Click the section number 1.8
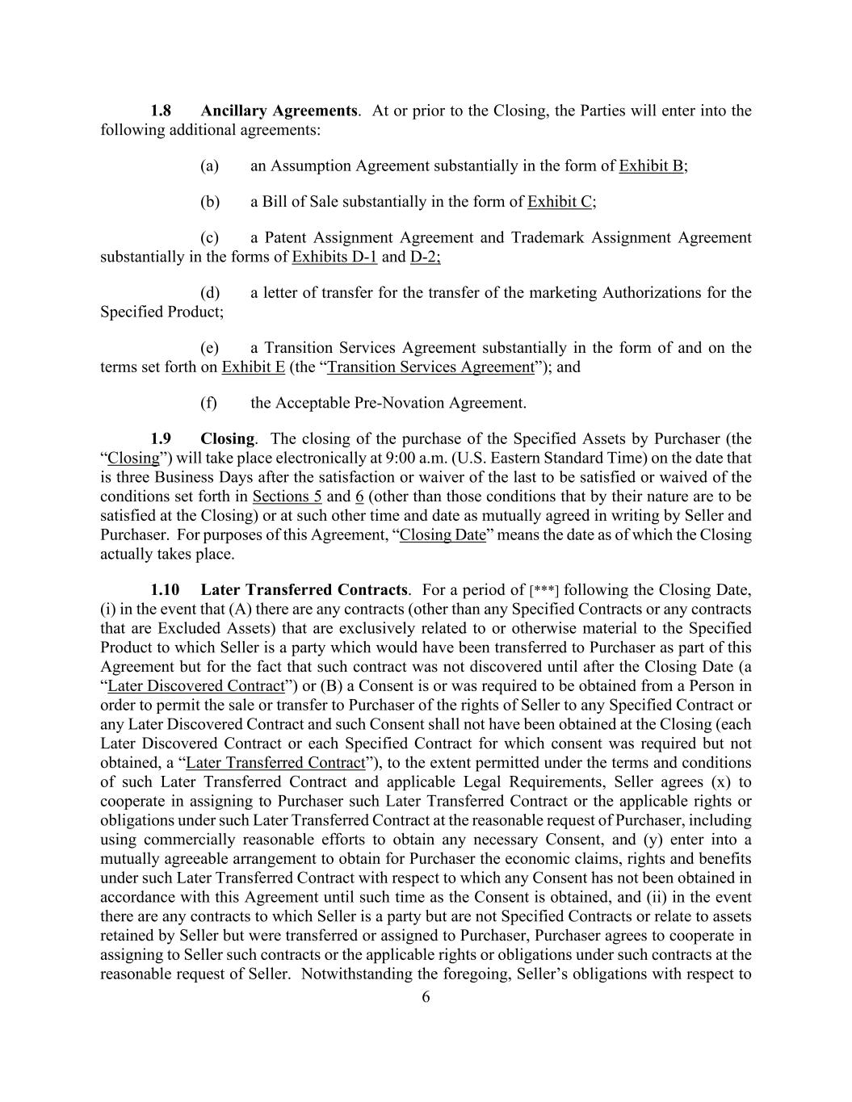pyautogui.click(x=161, y=111)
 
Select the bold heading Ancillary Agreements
pyautogui.click(x=278, y=111)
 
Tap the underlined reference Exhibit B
pyautogui.click(x=651, y=166)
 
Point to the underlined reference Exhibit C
pyautogui.click(x=560, y=202)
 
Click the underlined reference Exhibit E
pyautogui.click(x=253, y=367)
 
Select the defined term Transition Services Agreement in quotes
pyautogui.click(x=430, y=367)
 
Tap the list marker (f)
pyautogui.click(x=210, y=403)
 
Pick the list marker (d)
pyautogui.click(x=210, y=293)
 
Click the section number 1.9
pyautogui.click(x=161, y=439)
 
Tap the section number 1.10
pyautogui.click(x=165, y=590)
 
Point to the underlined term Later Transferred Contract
pyautogui.click(x=275, y=763)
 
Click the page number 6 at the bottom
pyautogui.click(x=426, y=998)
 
